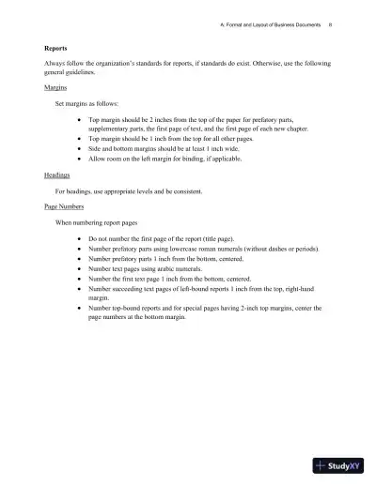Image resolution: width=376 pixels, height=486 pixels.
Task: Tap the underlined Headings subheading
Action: point(57,175)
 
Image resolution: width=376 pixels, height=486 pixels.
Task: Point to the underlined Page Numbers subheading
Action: point(64,205)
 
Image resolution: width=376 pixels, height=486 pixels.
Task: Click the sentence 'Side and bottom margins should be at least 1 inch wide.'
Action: point(164,148)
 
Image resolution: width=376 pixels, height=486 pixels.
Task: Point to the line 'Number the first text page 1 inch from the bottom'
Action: point(168,278)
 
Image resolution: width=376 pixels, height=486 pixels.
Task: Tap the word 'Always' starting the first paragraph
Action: point(55,62)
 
